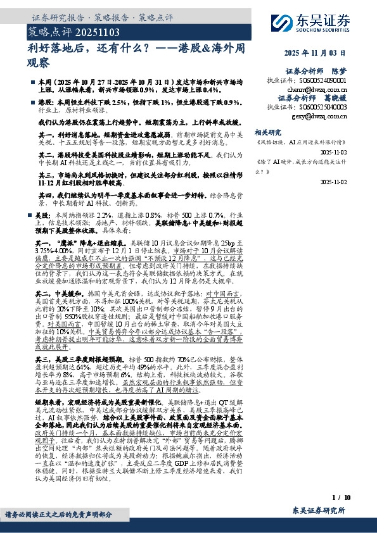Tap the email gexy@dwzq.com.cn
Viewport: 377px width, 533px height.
(x=319, y=116)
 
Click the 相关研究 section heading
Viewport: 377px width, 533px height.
(x=267, y=132)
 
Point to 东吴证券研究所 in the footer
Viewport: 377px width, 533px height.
(x=319, y=511)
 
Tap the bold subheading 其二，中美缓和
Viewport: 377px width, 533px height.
(x=61, y=295)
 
